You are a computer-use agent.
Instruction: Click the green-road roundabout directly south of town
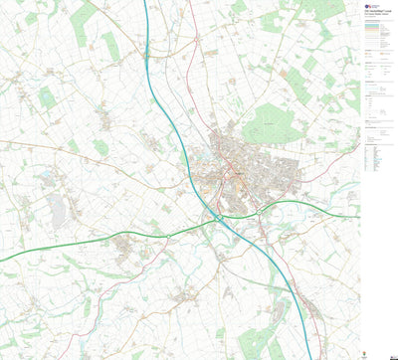coord(258,211)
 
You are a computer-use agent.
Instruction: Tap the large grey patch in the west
coord(57,207)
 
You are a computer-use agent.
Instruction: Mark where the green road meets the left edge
coord(2,261)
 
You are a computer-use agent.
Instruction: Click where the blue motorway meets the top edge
coord(145,2)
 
